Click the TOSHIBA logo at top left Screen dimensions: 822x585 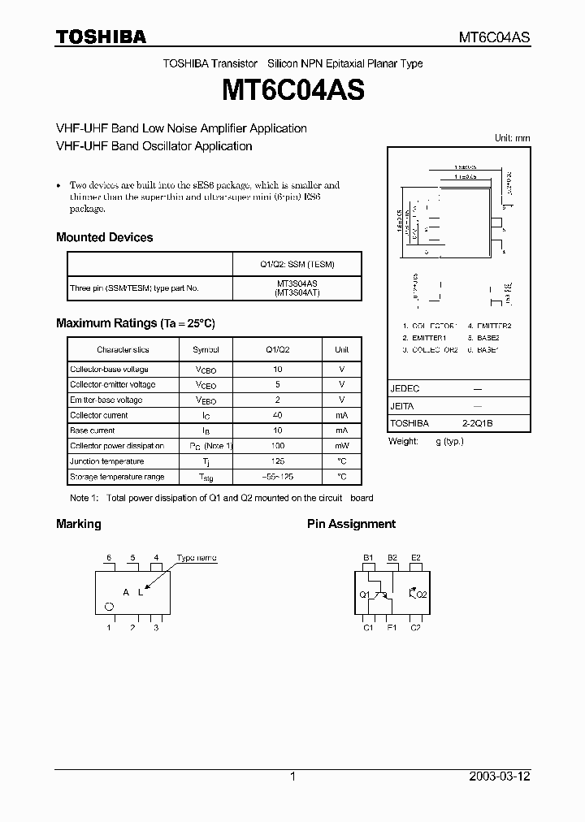point(101,37)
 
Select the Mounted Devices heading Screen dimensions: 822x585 point(104,237)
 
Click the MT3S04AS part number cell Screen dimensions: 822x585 point(297,283)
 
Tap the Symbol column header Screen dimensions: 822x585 point(206,349)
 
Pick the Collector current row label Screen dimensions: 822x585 point(98,415)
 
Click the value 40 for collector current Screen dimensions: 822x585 point(278,415)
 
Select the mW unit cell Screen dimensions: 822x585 point(341,446)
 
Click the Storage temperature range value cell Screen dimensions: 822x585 point(278,477)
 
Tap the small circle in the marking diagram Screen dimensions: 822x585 point(109,606)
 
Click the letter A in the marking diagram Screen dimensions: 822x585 point(126,592)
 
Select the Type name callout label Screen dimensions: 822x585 point(197,559)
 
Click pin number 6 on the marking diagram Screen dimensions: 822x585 point(109,557)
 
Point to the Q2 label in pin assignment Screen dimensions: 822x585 point(422,594)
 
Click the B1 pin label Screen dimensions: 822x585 point(368,557)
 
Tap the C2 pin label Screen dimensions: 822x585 point(415,627)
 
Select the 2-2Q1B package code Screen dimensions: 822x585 point(478,423)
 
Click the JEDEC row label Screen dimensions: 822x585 point(405,388)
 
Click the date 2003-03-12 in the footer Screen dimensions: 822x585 point(500,777)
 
